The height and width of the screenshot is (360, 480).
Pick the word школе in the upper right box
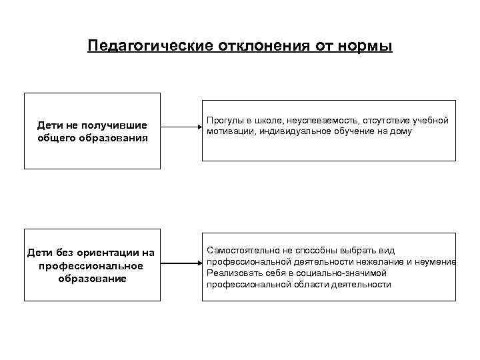click(267, 121)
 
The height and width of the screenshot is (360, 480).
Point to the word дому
click(401, 132)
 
